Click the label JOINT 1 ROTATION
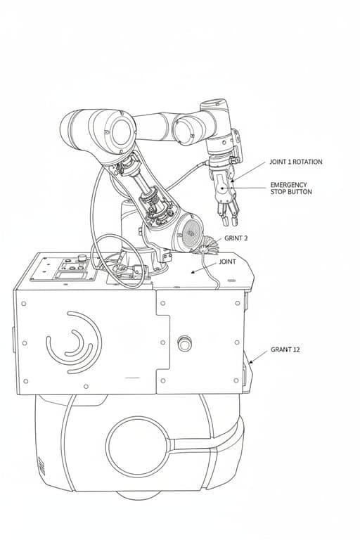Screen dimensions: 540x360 [x=295, y=162]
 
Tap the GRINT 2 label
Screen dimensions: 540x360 [x=236, y=238]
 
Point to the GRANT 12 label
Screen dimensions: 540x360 [x=285, y=349]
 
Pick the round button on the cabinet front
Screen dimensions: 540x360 [x=185, y=344]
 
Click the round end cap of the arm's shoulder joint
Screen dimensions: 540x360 [x=120, y=130]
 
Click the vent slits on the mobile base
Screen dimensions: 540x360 [x=40, y=465]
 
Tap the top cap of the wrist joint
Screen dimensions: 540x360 [x=215, y=105]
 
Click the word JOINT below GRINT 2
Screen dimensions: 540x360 [x=227, y=262]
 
